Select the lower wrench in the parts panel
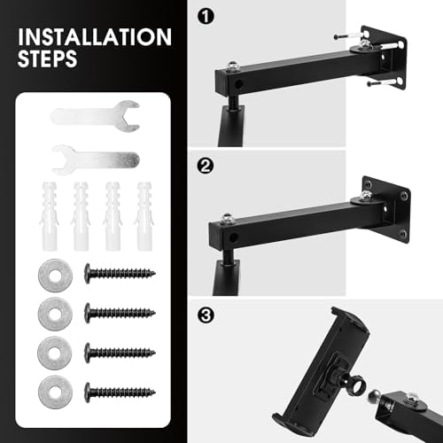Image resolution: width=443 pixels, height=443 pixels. tap(95, 159)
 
